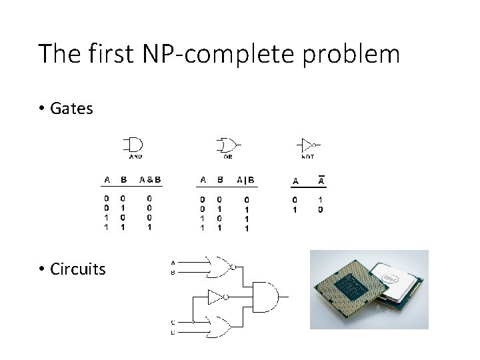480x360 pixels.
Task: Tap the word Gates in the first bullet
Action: pyautogui.click(x=71, y=109)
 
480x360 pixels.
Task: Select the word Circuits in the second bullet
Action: pyautogui.click(x=77, y=269)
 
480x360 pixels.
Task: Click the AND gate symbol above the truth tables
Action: pyautogui.click(x=133, y=145)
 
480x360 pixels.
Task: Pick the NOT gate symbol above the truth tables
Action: pyautogui.click(x=307, y=144)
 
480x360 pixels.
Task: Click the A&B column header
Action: pyautogui.click(x=150, y=179)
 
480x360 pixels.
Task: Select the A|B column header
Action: pyautogui.click(x=245, y=179)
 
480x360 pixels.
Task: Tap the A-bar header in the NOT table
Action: pyautogui.click(x=321, y=180)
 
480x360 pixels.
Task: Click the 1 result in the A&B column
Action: pyautogui.click(x=150, y=227)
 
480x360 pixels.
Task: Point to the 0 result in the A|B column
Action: pyautogui.click(x=246, y=199)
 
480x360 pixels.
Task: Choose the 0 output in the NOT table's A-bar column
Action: pyautogui.click(x=321, y=209)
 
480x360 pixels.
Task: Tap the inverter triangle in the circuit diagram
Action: pyautogui.click(x=217, y=297)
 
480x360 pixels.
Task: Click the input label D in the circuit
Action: pyautogui.click(x=173, y=331)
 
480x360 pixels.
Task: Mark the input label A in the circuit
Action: pyautogui.click(x=173, y=262)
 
